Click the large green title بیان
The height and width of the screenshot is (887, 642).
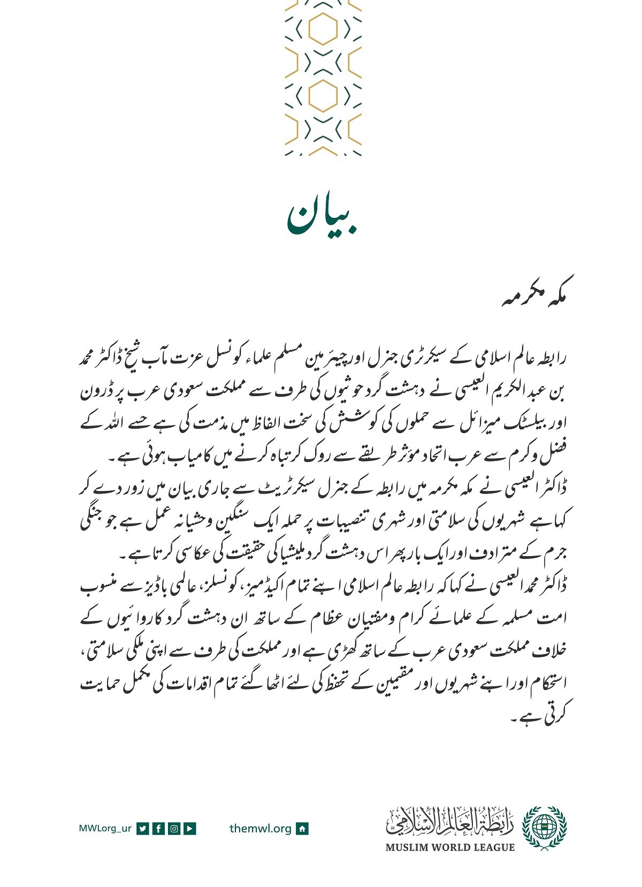(x=323, y=218)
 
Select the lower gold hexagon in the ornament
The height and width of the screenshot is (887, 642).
(x=323, y=96)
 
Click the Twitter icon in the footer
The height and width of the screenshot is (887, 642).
(x=142, y=829)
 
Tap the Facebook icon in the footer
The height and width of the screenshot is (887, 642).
(x=158, y=829)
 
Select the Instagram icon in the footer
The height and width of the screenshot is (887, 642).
(x=174, y=829)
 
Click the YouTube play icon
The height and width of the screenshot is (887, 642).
(x=190, y=829)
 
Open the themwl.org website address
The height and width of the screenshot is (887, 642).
(x=261, y=829)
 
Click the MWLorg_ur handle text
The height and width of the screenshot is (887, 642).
(x=105, y=829)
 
